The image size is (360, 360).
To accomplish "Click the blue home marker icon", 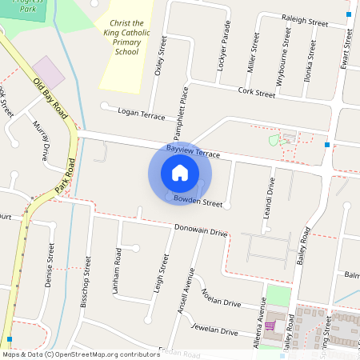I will pos(180,173).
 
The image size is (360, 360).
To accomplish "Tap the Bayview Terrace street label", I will pos(193,150).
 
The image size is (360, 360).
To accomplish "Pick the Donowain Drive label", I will pos(201,233).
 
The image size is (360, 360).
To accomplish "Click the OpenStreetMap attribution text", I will pos(81,354).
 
